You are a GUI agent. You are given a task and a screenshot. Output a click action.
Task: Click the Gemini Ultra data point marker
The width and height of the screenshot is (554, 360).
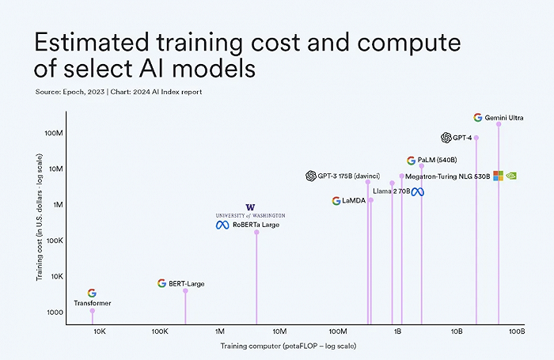coord(499,124)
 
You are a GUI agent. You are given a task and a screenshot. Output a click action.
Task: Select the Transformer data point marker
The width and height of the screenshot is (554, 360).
coord(93,311)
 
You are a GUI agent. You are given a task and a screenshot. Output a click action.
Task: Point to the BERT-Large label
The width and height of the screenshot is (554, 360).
coord(186,283)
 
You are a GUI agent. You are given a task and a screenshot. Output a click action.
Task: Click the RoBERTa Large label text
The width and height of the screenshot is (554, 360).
coord(256,225)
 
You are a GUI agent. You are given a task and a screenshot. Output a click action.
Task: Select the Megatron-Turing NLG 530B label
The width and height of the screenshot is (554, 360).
coord(449,176)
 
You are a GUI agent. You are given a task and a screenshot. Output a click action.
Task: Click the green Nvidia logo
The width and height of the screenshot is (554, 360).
coord(512,176)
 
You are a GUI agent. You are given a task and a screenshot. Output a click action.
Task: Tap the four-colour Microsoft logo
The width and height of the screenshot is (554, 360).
coord(499,176)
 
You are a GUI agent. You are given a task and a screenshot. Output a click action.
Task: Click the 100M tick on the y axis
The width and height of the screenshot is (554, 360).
coord(53,133)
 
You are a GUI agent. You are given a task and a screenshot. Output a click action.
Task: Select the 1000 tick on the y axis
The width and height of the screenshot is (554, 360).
coord(55,313)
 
